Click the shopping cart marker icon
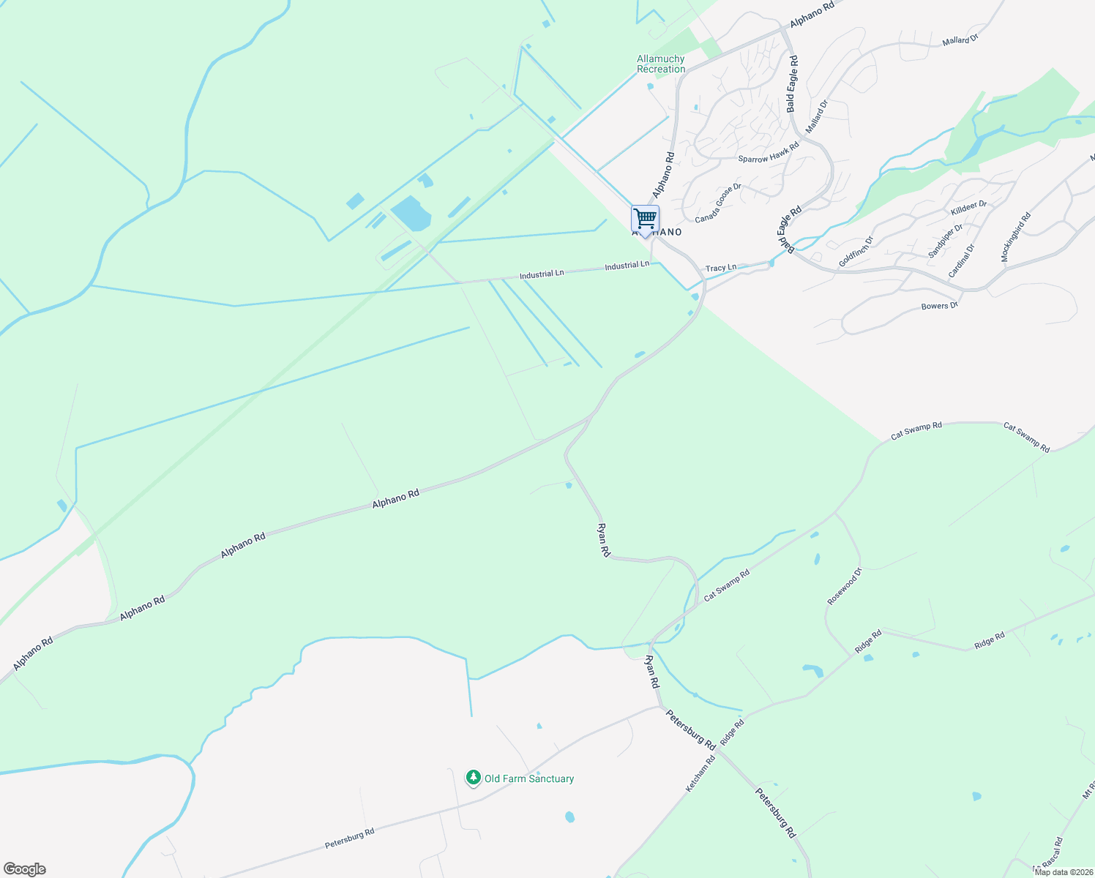[x=645, y=218]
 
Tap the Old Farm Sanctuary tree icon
[x=474, y=777]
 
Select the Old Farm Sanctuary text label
[x=529, y=778]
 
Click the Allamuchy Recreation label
[x=661, y=64]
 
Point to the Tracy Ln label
[x=721, y=268]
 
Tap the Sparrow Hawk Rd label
[x=769, y=152]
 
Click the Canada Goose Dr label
[x=718, y=203]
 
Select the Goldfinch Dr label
[x=856, y=251]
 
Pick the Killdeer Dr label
[x=968, y=209]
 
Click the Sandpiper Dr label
[x=945, y=241]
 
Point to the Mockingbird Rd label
[x=1016, y=237]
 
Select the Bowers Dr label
[x=940, y=306]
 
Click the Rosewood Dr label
[x=845, y=586]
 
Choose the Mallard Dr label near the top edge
[x=960, y=41]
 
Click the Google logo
[x=25, y=869]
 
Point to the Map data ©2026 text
[x=1064, y=872]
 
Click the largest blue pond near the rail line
[x=411, y=213]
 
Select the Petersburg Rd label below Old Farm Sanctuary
[x=350, y=838]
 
